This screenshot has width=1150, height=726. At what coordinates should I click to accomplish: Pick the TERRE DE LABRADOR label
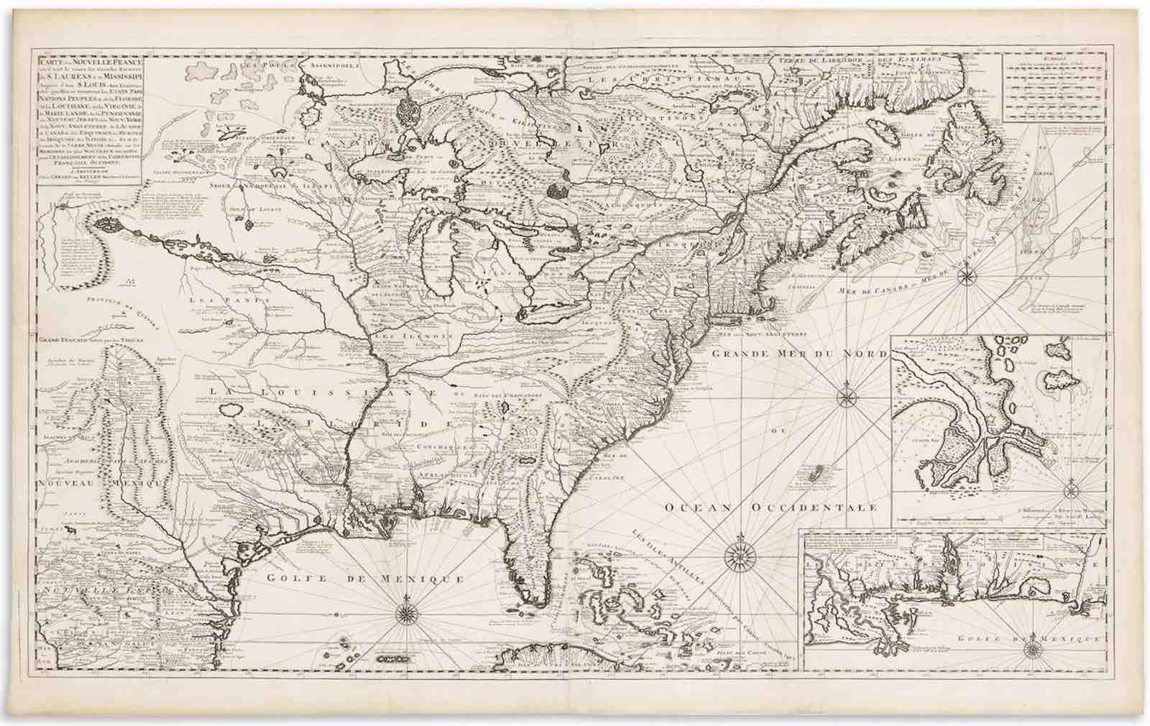pyautogui.click(x=813, y=60)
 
